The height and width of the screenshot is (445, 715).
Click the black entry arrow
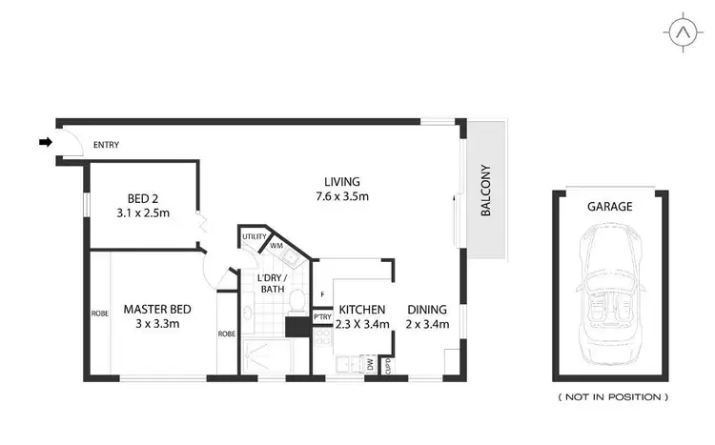tap(44, 143)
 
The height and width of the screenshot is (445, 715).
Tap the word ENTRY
tap(105, 146)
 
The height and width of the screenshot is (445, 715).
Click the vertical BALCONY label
tap(484, 191)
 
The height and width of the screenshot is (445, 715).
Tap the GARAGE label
tap(610, 206)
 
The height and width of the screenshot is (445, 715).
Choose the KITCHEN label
tap(362, 310)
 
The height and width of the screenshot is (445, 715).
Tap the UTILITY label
tap(254, 236)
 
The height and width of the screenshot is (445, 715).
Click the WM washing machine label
tap(276, 246)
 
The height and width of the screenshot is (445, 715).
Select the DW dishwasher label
tap(370, 363)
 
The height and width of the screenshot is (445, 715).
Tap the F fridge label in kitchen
tap(324, 294)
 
